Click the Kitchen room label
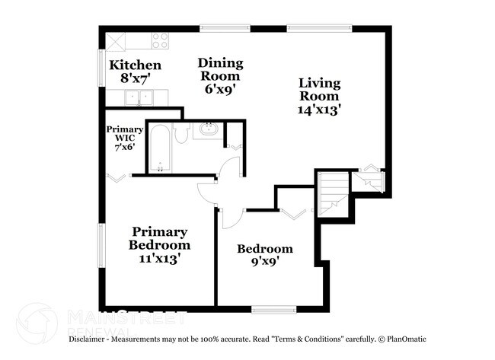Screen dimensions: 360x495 [x=135, y=65]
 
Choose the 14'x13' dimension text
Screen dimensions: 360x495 [x=319, y=109]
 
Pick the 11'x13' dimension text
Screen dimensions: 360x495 [x=159, y=259]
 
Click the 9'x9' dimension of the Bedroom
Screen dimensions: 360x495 [x=264, y=264]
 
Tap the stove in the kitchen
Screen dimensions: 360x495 [x=160, y=40]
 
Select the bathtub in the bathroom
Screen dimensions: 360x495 [x=159, y=148]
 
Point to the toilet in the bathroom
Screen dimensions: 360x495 [x=181, y=134]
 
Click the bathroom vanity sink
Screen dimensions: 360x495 [x=206, y=129]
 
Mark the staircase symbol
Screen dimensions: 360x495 [x=332, y=193]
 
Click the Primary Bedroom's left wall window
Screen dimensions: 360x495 [x=101, y=245]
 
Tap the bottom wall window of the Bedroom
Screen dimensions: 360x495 [x=273, y=309]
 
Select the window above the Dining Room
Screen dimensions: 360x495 [x=225, y=29]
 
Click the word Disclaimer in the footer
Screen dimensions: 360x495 [x=92, y=339]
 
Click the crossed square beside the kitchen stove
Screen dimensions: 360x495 [x=117, y=40]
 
